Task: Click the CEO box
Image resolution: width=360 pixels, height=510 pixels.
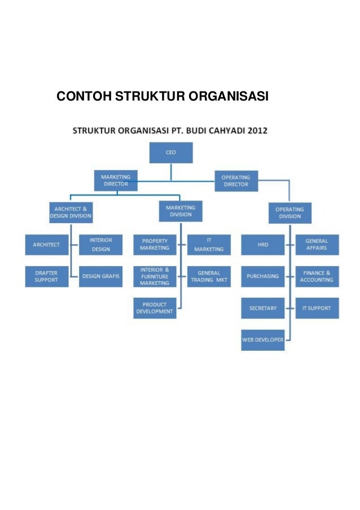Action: [x=170, y=152]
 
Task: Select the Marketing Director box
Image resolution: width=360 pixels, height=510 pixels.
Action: [x=116, y=181]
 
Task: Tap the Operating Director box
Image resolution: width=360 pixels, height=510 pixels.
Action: [x=236, y=181]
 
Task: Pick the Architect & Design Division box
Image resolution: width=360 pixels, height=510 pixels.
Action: [x=71, y=212]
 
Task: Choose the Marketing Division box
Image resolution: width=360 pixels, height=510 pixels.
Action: [x=181, y=211]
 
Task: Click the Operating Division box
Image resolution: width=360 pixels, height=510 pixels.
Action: [x=289, y=212]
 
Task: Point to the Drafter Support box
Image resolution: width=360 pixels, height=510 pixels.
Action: [x=46, y=276]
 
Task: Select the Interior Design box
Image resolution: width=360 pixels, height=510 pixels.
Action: [x=100, y=245]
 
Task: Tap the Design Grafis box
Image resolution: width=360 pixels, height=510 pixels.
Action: [x=100, y=276]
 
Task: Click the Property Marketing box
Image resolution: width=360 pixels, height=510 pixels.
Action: [x=155, y=245]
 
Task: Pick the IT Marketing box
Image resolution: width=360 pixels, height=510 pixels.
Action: [x=209, y=245]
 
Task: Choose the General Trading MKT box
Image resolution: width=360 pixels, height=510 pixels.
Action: [x=209, y=276]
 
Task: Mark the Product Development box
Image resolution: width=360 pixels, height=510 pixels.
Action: [x=155, y=308]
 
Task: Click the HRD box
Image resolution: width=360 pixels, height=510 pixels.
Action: [x=262, y=245]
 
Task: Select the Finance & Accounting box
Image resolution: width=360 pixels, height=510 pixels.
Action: [x=317, y=276]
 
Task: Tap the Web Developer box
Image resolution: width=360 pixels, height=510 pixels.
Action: [x=262, y=340]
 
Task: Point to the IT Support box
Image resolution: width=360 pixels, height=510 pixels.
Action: [x=317, y=308]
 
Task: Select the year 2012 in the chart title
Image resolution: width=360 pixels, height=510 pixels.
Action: [x=256, y=130]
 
